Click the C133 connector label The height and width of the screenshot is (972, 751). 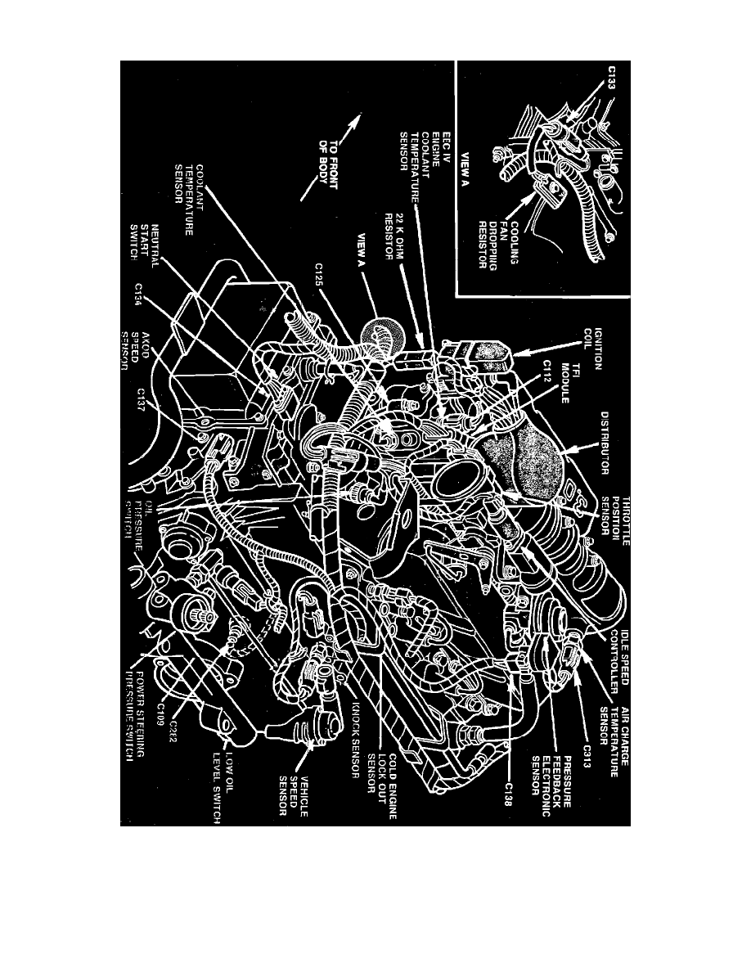pyautogui.click(x=614, y=81)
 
